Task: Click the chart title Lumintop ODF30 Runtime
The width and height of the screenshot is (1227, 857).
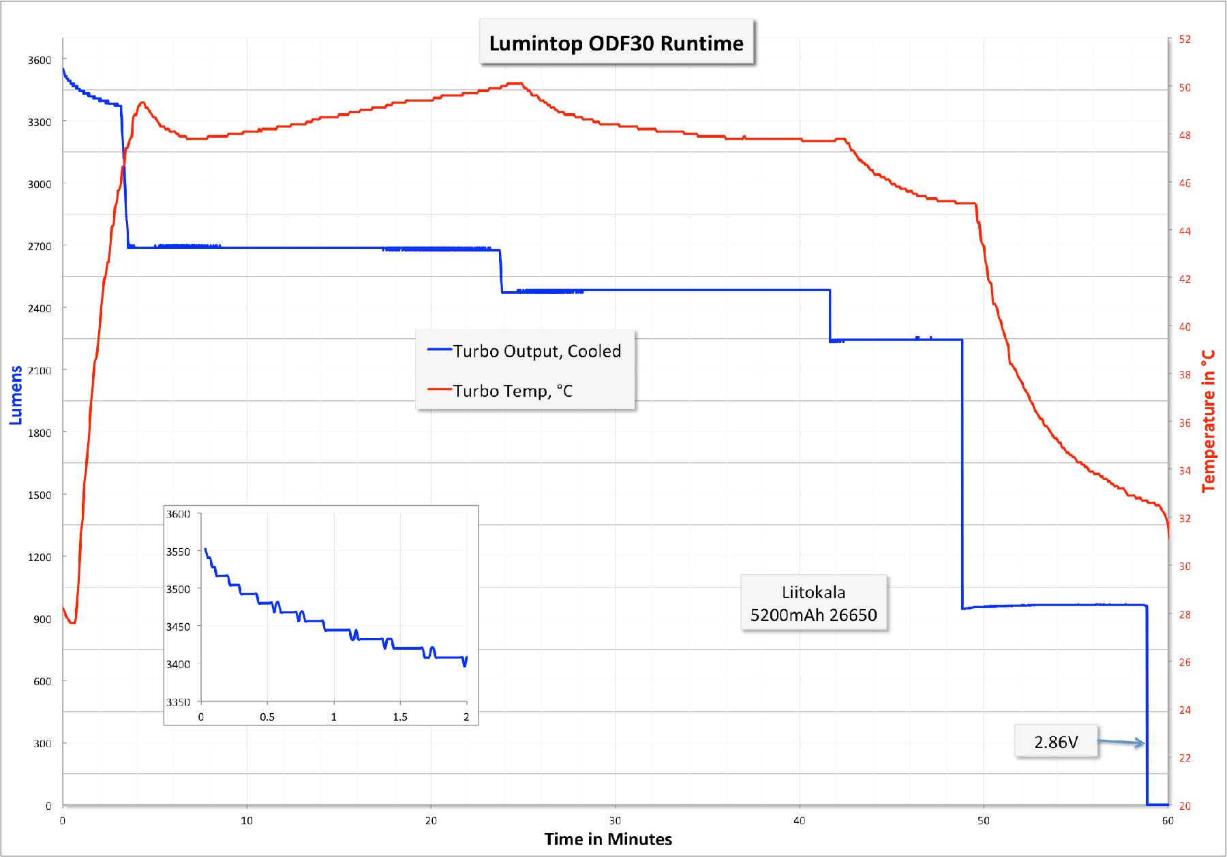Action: pos(616,43)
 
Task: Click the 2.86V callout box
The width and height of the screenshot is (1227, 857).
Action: pos(1056,742)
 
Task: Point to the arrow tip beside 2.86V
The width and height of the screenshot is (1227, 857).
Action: pos(1144,743)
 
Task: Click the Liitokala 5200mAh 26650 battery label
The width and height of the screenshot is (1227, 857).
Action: pos(813,603)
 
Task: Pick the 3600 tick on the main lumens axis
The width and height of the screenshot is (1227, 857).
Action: pos(40,60)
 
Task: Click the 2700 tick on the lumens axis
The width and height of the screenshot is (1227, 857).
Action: pos(40,246)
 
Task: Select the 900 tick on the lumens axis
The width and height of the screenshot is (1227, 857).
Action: pos(42,619)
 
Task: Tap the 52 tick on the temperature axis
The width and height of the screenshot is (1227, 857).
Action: pos(1185,40)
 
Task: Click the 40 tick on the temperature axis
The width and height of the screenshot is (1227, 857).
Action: pos(1185,327)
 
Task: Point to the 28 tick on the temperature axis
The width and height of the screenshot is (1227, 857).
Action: pos(1185,614)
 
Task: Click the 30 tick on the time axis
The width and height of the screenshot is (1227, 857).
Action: pos(615,820)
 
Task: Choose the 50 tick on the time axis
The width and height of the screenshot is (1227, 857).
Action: pos(983,820)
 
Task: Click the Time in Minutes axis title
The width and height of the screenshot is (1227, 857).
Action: pos(608,839)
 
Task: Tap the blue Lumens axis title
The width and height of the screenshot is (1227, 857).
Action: pos(16,395)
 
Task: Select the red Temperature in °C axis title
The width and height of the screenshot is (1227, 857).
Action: pos(1208,421)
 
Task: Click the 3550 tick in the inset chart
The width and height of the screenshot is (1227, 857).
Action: pos(179,552)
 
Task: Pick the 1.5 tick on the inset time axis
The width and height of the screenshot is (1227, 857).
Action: pos(400,717)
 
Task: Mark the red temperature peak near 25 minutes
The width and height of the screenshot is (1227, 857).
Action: pos(515,83)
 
